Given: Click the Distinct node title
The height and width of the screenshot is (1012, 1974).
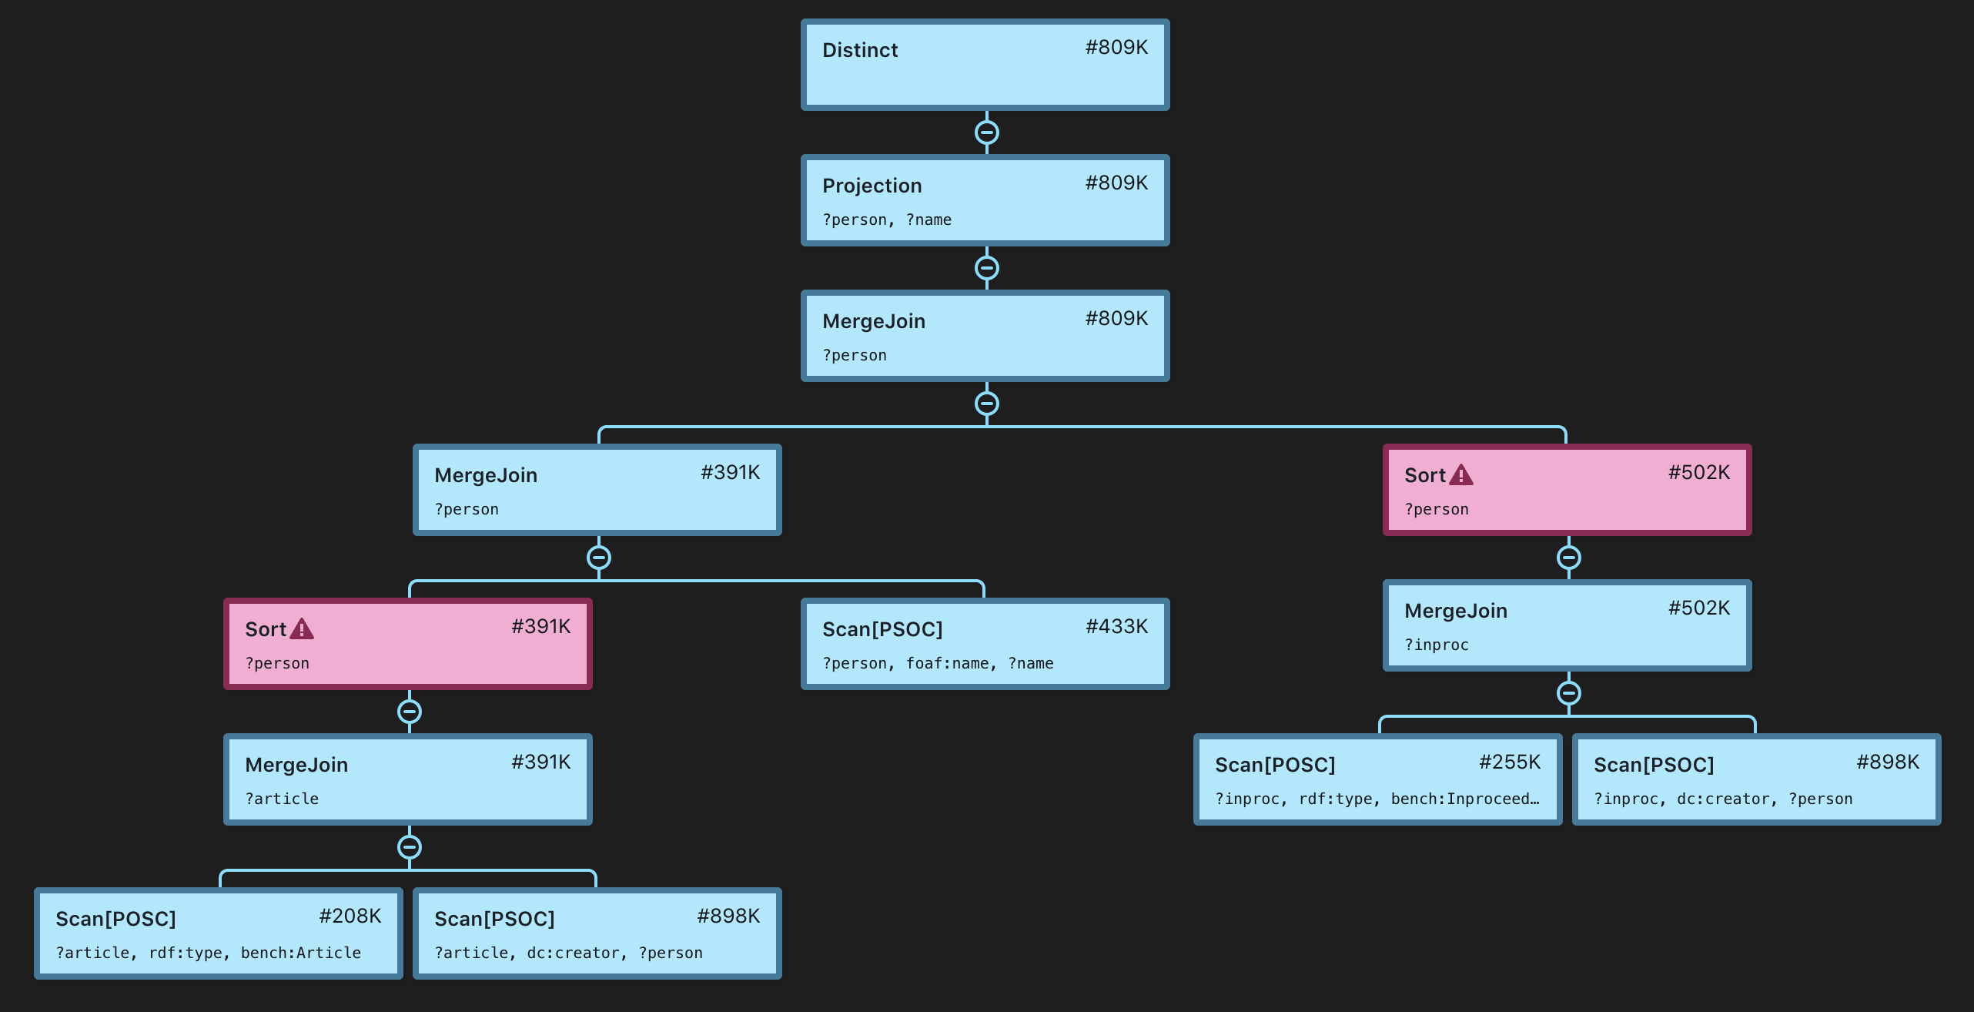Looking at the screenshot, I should pos(860,50).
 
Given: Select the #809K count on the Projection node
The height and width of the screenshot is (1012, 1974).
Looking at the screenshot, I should pos(1116,183).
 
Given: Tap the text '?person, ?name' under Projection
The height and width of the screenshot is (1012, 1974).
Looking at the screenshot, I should pos(887,220).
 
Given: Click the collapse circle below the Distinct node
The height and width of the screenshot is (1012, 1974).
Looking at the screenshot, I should pos(986,132).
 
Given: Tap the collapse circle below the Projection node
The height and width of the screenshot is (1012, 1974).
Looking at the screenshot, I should pos(986,268).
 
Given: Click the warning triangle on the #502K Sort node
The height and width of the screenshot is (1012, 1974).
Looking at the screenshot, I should pos(1460,475).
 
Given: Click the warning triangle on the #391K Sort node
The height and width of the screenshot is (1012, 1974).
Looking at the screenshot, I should pos(302,629).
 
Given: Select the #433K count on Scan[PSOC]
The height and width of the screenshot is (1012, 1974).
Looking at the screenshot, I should pos(1116,627).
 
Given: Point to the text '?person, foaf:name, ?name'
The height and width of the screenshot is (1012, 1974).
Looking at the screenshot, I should pos(938,664).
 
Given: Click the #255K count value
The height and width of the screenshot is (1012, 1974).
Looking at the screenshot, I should pos(1509,762).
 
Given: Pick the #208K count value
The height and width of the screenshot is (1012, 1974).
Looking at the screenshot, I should pos(350,916).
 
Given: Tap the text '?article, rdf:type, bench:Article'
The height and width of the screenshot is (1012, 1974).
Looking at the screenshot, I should pos(208,953).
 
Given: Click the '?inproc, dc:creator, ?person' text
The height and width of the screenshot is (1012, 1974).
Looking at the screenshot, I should pos(1722,799).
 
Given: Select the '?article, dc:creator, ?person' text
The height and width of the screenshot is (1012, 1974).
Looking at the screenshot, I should pos(568,953).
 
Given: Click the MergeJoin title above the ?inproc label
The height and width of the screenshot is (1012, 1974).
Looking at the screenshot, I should pos(1455,611).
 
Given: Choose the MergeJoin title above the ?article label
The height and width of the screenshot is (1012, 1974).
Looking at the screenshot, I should pos(296,765).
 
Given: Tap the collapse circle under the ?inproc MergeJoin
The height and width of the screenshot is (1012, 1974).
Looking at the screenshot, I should pos(1568,693).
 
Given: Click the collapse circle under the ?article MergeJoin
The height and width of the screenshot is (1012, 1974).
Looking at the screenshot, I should pos(409,847).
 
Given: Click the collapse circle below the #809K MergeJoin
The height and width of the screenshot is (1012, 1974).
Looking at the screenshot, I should pos(986,404).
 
